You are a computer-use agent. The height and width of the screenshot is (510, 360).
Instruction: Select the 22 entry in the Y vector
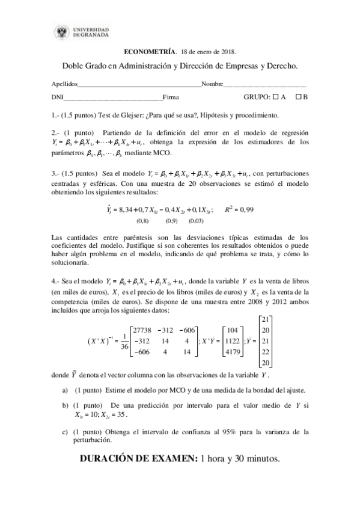click(x=266, y=352)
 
